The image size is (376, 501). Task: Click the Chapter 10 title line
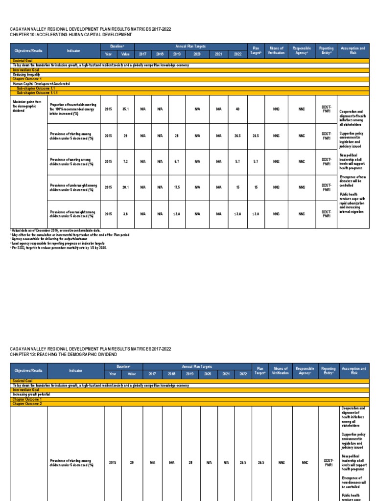pos(71,35)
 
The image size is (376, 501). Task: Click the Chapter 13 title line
pos(64,354)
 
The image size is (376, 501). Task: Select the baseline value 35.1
pos(125,109)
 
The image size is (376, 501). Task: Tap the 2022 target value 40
pos(237,109)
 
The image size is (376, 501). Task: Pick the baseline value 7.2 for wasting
pos(125,161)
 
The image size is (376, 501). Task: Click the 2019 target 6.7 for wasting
pos(176,161)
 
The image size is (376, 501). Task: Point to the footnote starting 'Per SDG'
pos(59,248)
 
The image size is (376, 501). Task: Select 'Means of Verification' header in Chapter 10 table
pos(276,50)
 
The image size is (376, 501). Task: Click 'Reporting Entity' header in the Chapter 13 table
pos(326,370)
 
